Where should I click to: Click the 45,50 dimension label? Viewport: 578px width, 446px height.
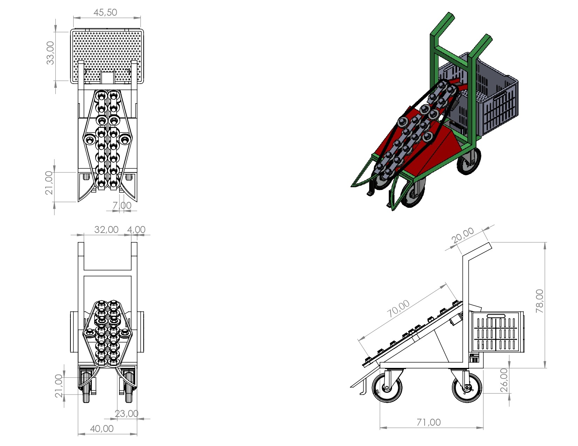105,13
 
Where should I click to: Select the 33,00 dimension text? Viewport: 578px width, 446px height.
50,53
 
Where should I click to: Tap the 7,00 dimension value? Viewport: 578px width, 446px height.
122,205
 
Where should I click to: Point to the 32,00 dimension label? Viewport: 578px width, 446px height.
106,230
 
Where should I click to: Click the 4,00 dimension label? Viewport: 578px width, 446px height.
136,230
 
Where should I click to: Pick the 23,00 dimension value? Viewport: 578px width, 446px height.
126,414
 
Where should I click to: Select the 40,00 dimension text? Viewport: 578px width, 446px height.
102,429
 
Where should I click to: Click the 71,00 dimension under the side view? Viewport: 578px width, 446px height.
428,423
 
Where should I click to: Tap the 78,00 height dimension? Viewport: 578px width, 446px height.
540,301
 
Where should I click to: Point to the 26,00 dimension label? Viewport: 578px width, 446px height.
504,380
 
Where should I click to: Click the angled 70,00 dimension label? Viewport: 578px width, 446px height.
398,309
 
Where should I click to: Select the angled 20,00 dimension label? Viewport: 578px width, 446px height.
462,235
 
